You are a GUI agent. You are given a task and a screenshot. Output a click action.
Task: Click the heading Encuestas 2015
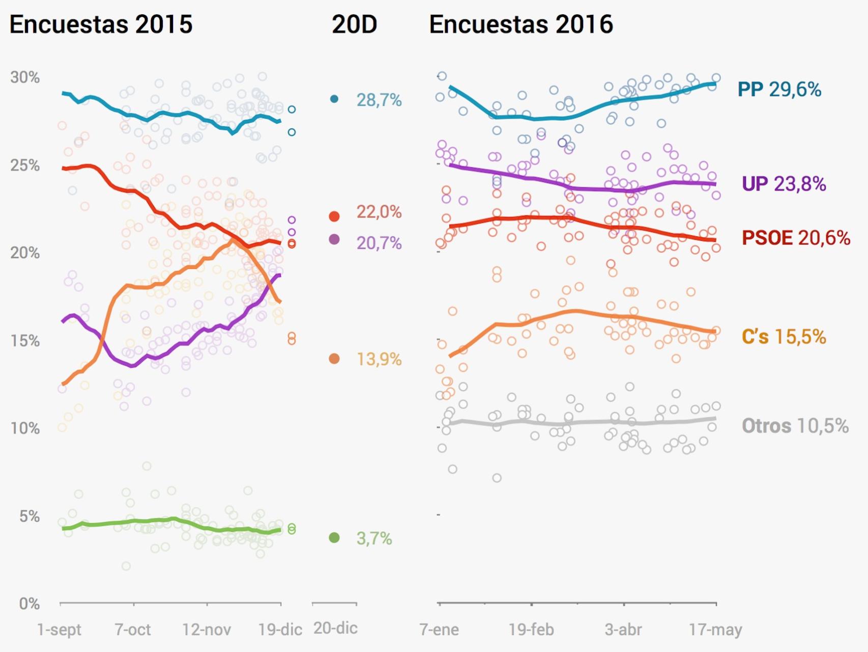[101, 24]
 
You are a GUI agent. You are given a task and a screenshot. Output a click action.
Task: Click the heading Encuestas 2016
[521, 24]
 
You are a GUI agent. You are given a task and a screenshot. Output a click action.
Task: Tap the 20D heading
[354, 24]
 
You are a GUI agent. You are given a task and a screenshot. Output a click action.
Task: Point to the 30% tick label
[25, 77]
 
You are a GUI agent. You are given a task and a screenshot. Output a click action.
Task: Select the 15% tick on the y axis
[25, 341]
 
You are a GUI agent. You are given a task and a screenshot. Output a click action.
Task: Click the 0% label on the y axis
[30, 604]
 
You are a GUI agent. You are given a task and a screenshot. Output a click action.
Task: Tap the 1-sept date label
[59, 630]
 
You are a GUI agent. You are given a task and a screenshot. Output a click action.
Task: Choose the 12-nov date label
[207, 630]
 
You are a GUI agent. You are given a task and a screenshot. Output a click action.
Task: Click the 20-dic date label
[335, 628]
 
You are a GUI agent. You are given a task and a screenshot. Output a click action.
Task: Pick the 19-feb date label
[531, 630]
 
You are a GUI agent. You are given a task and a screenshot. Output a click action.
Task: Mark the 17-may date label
[715, 630]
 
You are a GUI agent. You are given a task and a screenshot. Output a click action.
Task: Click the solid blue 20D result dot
[334, 99]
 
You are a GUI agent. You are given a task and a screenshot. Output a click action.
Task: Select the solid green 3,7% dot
[334, 537]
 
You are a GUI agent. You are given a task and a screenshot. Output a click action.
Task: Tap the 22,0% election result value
[379, 212]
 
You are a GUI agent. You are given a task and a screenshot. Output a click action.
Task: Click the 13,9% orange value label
[379, 360]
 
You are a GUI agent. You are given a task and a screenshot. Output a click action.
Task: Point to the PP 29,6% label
[779, 90]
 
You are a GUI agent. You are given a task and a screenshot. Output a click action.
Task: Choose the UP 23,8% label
[784, 184]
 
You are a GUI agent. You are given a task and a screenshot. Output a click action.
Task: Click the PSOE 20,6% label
[796, 238]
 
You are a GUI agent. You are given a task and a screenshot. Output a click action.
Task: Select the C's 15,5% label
[784, 337]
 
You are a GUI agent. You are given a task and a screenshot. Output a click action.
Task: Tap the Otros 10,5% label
[795, 426]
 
